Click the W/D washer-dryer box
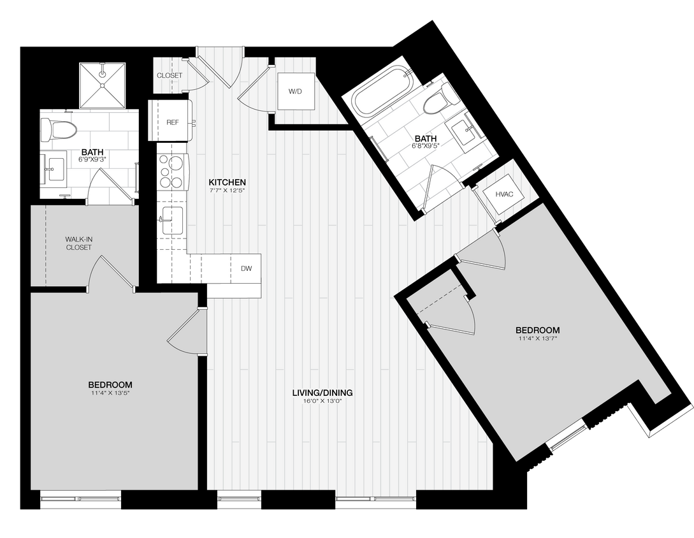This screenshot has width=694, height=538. tap(295, 92)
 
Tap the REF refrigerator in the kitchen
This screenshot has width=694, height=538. tap(171, 121)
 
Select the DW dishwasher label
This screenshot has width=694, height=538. tap(246, 268)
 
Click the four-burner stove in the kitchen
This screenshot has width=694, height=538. tap(171, 171)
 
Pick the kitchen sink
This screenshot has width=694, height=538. tap(172, 221)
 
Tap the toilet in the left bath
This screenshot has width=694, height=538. tap(59, 131)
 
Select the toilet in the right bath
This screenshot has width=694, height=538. tap(442, 99)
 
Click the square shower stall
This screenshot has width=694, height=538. tap(103, 86)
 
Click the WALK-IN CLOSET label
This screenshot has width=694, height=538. tap(78, 243)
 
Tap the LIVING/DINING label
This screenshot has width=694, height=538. tap(322, 393)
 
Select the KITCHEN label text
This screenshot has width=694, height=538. tap(228, 182)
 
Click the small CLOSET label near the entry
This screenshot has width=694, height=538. tap(169, 75)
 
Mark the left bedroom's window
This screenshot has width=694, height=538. tap(81, 498)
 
